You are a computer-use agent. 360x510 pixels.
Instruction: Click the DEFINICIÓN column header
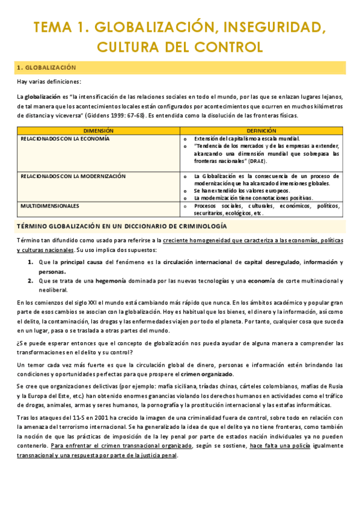pyautogui.click(x=261, y=130)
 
